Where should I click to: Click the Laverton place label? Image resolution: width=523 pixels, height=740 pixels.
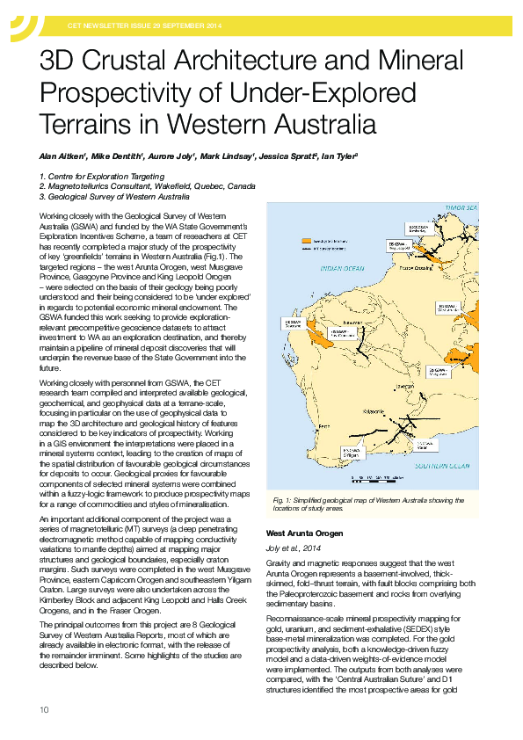point(405,386)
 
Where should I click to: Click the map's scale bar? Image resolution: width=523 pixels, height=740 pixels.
point(378,479)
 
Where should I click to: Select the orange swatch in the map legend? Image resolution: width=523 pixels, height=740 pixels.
point(308,239)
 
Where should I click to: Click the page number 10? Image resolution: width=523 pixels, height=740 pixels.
point(44,709)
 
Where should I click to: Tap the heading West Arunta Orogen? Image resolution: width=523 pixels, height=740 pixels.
point(303,534)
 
